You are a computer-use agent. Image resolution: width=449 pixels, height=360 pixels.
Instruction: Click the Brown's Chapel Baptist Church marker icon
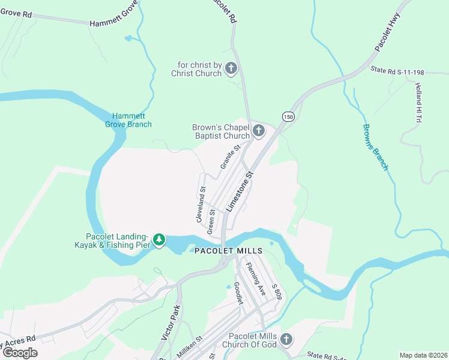coord(259,131)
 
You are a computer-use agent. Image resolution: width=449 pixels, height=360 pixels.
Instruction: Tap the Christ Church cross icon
coord(231,69)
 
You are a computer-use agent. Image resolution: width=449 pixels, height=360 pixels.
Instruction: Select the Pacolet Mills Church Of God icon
coord(286,340)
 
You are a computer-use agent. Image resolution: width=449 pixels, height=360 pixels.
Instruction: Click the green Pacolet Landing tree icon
coord(158,240)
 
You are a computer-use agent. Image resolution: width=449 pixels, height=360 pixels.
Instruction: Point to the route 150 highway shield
coord(289,116)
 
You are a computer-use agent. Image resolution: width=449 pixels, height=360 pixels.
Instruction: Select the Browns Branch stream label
coord(375,146)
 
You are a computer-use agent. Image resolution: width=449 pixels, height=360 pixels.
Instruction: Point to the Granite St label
coord(230,156)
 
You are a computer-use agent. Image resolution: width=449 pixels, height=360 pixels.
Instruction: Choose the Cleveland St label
coord(201,205)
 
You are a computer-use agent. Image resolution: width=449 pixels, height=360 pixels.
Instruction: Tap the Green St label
coord(211,221)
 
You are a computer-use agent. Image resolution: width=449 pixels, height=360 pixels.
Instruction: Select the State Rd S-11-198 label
coord(397,72)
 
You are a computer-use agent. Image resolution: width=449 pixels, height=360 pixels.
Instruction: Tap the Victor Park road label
coord(170,323)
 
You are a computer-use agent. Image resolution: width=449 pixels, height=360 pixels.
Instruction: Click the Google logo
coord(19,353)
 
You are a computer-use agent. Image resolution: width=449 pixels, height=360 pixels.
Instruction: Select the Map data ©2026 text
coord(423,355)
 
